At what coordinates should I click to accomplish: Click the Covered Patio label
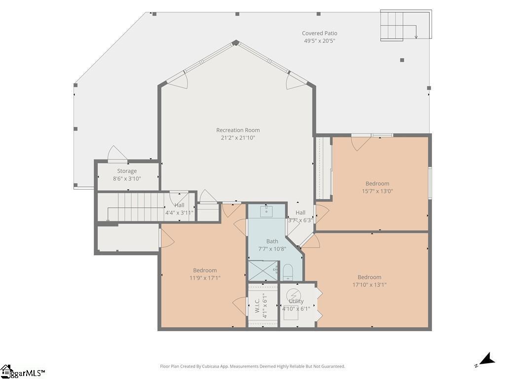point(320,33)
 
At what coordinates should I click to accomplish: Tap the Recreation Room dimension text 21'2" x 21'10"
point(238,138)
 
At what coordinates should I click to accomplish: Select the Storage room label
point(127,171)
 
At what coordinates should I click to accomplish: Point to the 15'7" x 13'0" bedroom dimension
point(377,191)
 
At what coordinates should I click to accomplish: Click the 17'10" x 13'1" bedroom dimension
point(369,285)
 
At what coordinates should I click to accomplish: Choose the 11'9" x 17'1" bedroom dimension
point(205,278)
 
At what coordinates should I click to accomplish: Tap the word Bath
point(272,241)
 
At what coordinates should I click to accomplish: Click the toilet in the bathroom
point(288,272)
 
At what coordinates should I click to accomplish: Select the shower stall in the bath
point(263,271)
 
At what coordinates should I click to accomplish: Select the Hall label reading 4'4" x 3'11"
point(180,209)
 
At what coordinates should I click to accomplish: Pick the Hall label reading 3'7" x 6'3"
point(300,216)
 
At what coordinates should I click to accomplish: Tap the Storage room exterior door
point(117,154)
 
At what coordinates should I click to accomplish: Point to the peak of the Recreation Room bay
point(236,42)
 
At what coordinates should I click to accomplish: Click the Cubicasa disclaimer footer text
point(252,367)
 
